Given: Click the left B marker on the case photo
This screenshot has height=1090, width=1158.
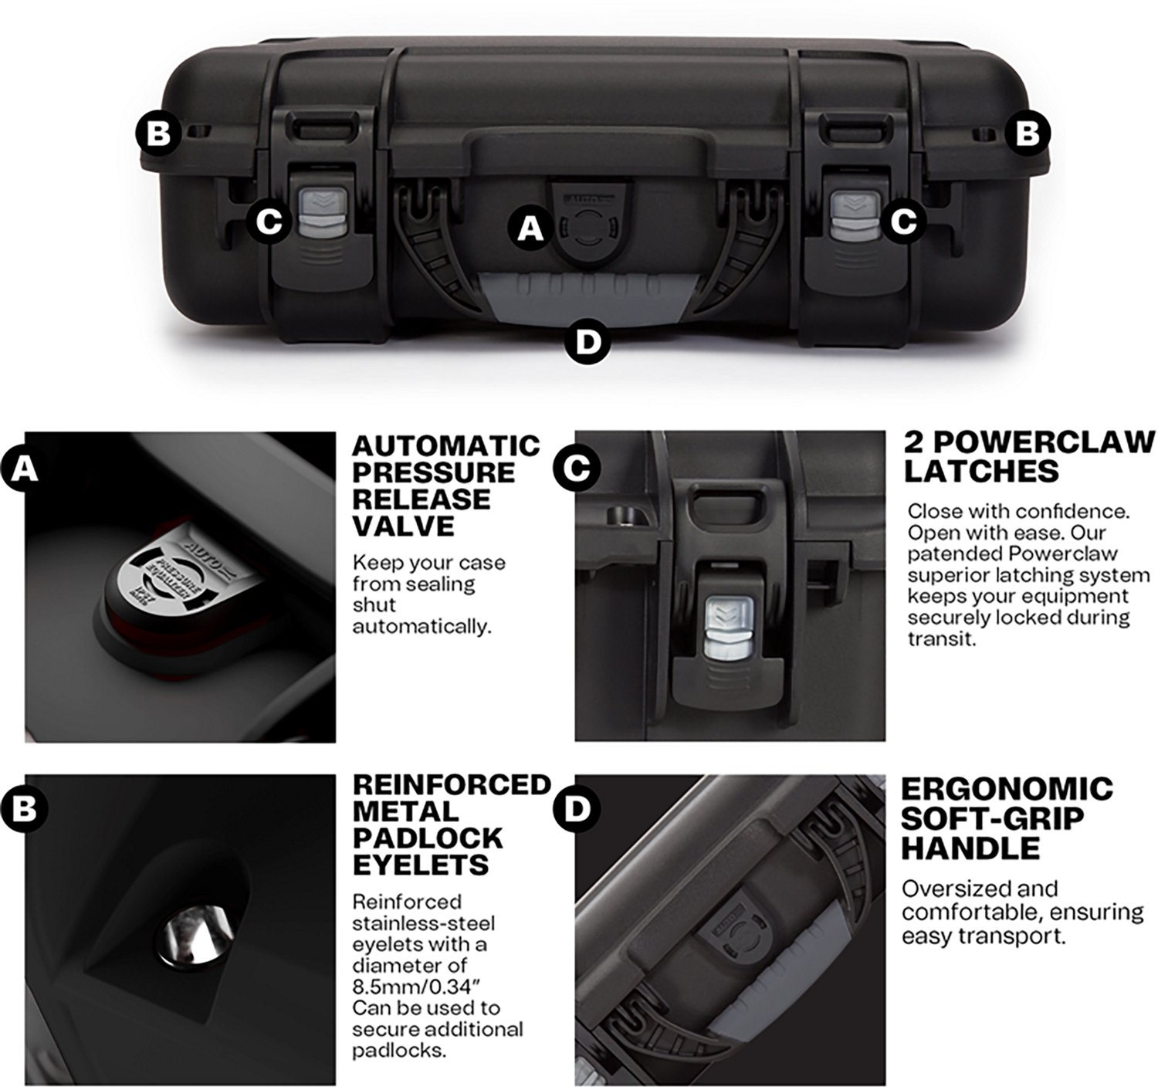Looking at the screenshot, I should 158,133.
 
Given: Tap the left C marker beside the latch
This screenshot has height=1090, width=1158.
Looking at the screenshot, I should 269,222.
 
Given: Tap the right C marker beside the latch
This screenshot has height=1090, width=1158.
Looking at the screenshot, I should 904,222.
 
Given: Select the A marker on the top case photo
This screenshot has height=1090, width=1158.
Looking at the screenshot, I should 529,228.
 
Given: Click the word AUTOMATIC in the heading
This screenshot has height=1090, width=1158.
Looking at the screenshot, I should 445,446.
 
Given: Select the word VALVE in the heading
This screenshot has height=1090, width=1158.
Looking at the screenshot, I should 403,526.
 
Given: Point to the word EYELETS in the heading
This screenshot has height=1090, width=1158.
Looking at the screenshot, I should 420,865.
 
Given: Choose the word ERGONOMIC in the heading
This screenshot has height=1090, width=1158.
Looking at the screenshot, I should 1007,789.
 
